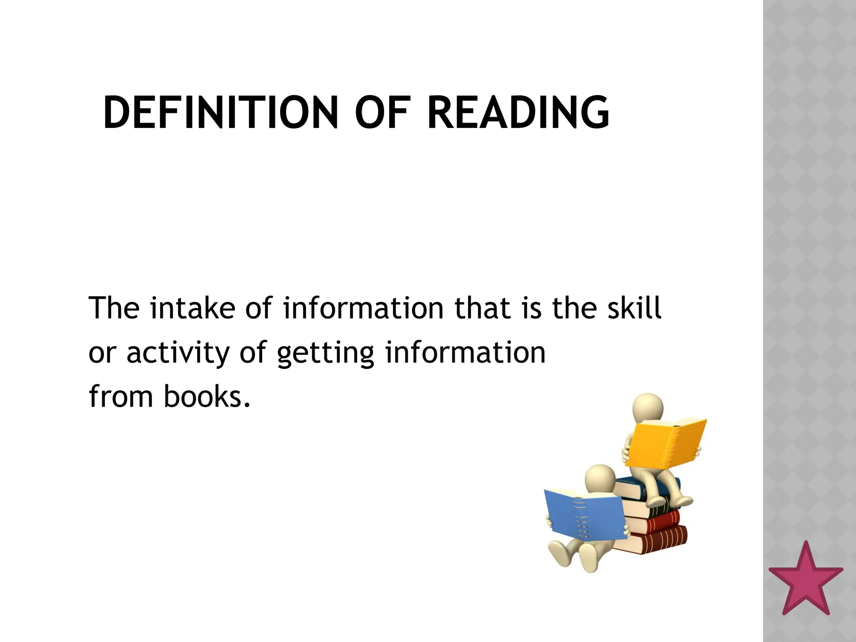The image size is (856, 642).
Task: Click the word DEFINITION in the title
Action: [x=220, y=112]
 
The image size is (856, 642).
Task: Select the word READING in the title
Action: [x=518, y=112]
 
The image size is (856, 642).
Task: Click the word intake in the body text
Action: [x=193, y=308]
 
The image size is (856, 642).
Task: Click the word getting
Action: [x=326, y=354]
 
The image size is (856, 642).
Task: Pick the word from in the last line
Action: [x=121, y=397]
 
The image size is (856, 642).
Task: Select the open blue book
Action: [x=585, y=517]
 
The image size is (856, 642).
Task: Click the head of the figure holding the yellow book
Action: [x=648, y=408]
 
